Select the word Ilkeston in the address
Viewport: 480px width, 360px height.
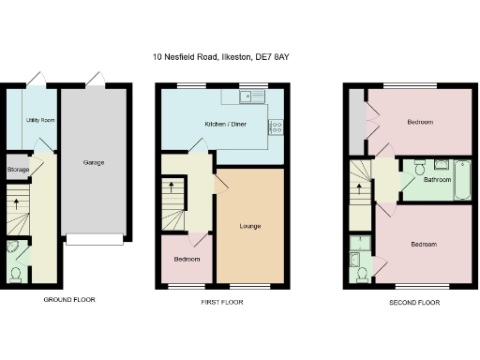click(261, 57)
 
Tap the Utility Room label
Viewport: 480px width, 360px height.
click(39, 121)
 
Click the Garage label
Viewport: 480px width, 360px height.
click(93, 162)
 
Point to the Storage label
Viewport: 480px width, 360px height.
click(18, 170)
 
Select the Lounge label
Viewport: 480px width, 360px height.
click(249, 226)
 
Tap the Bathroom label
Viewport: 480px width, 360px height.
click(437, 179)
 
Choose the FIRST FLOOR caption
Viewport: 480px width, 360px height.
click(223, 303)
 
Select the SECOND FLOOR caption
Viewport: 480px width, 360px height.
click(413, 303)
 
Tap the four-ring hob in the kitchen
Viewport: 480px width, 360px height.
click(276, 128)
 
